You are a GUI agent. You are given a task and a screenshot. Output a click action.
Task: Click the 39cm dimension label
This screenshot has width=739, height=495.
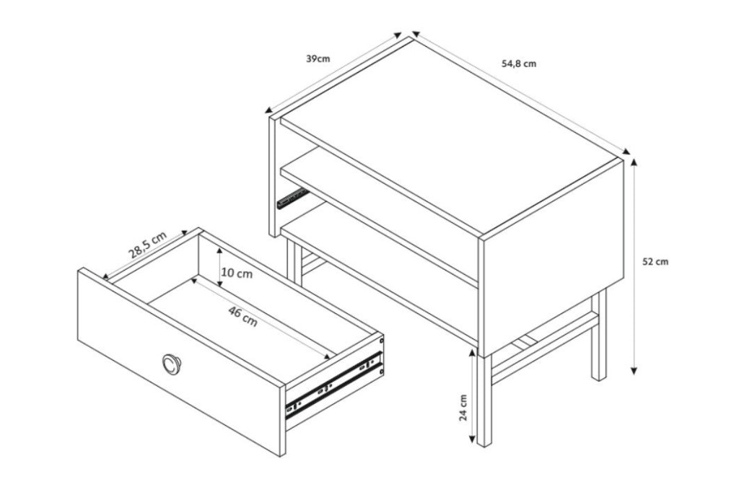(318, 59)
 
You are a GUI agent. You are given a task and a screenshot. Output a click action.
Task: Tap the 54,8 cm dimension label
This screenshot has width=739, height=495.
(519, 63)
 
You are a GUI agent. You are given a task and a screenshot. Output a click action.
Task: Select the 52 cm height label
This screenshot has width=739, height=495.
(655, 262)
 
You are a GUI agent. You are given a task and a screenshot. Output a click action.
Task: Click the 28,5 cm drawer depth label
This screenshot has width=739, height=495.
(148, 245)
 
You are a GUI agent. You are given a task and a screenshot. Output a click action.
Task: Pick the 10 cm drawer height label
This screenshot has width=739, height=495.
(237, 273)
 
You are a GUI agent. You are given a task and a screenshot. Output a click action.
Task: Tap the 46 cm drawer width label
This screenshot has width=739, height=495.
(242, 316)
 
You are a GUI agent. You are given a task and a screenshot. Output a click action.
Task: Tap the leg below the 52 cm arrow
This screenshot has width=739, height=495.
(599, 334)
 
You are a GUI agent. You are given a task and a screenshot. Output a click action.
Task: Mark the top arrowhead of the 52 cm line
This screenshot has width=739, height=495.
(634, 163)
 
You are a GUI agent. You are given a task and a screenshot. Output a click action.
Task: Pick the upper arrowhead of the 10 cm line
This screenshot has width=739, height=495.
(220, 253)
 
